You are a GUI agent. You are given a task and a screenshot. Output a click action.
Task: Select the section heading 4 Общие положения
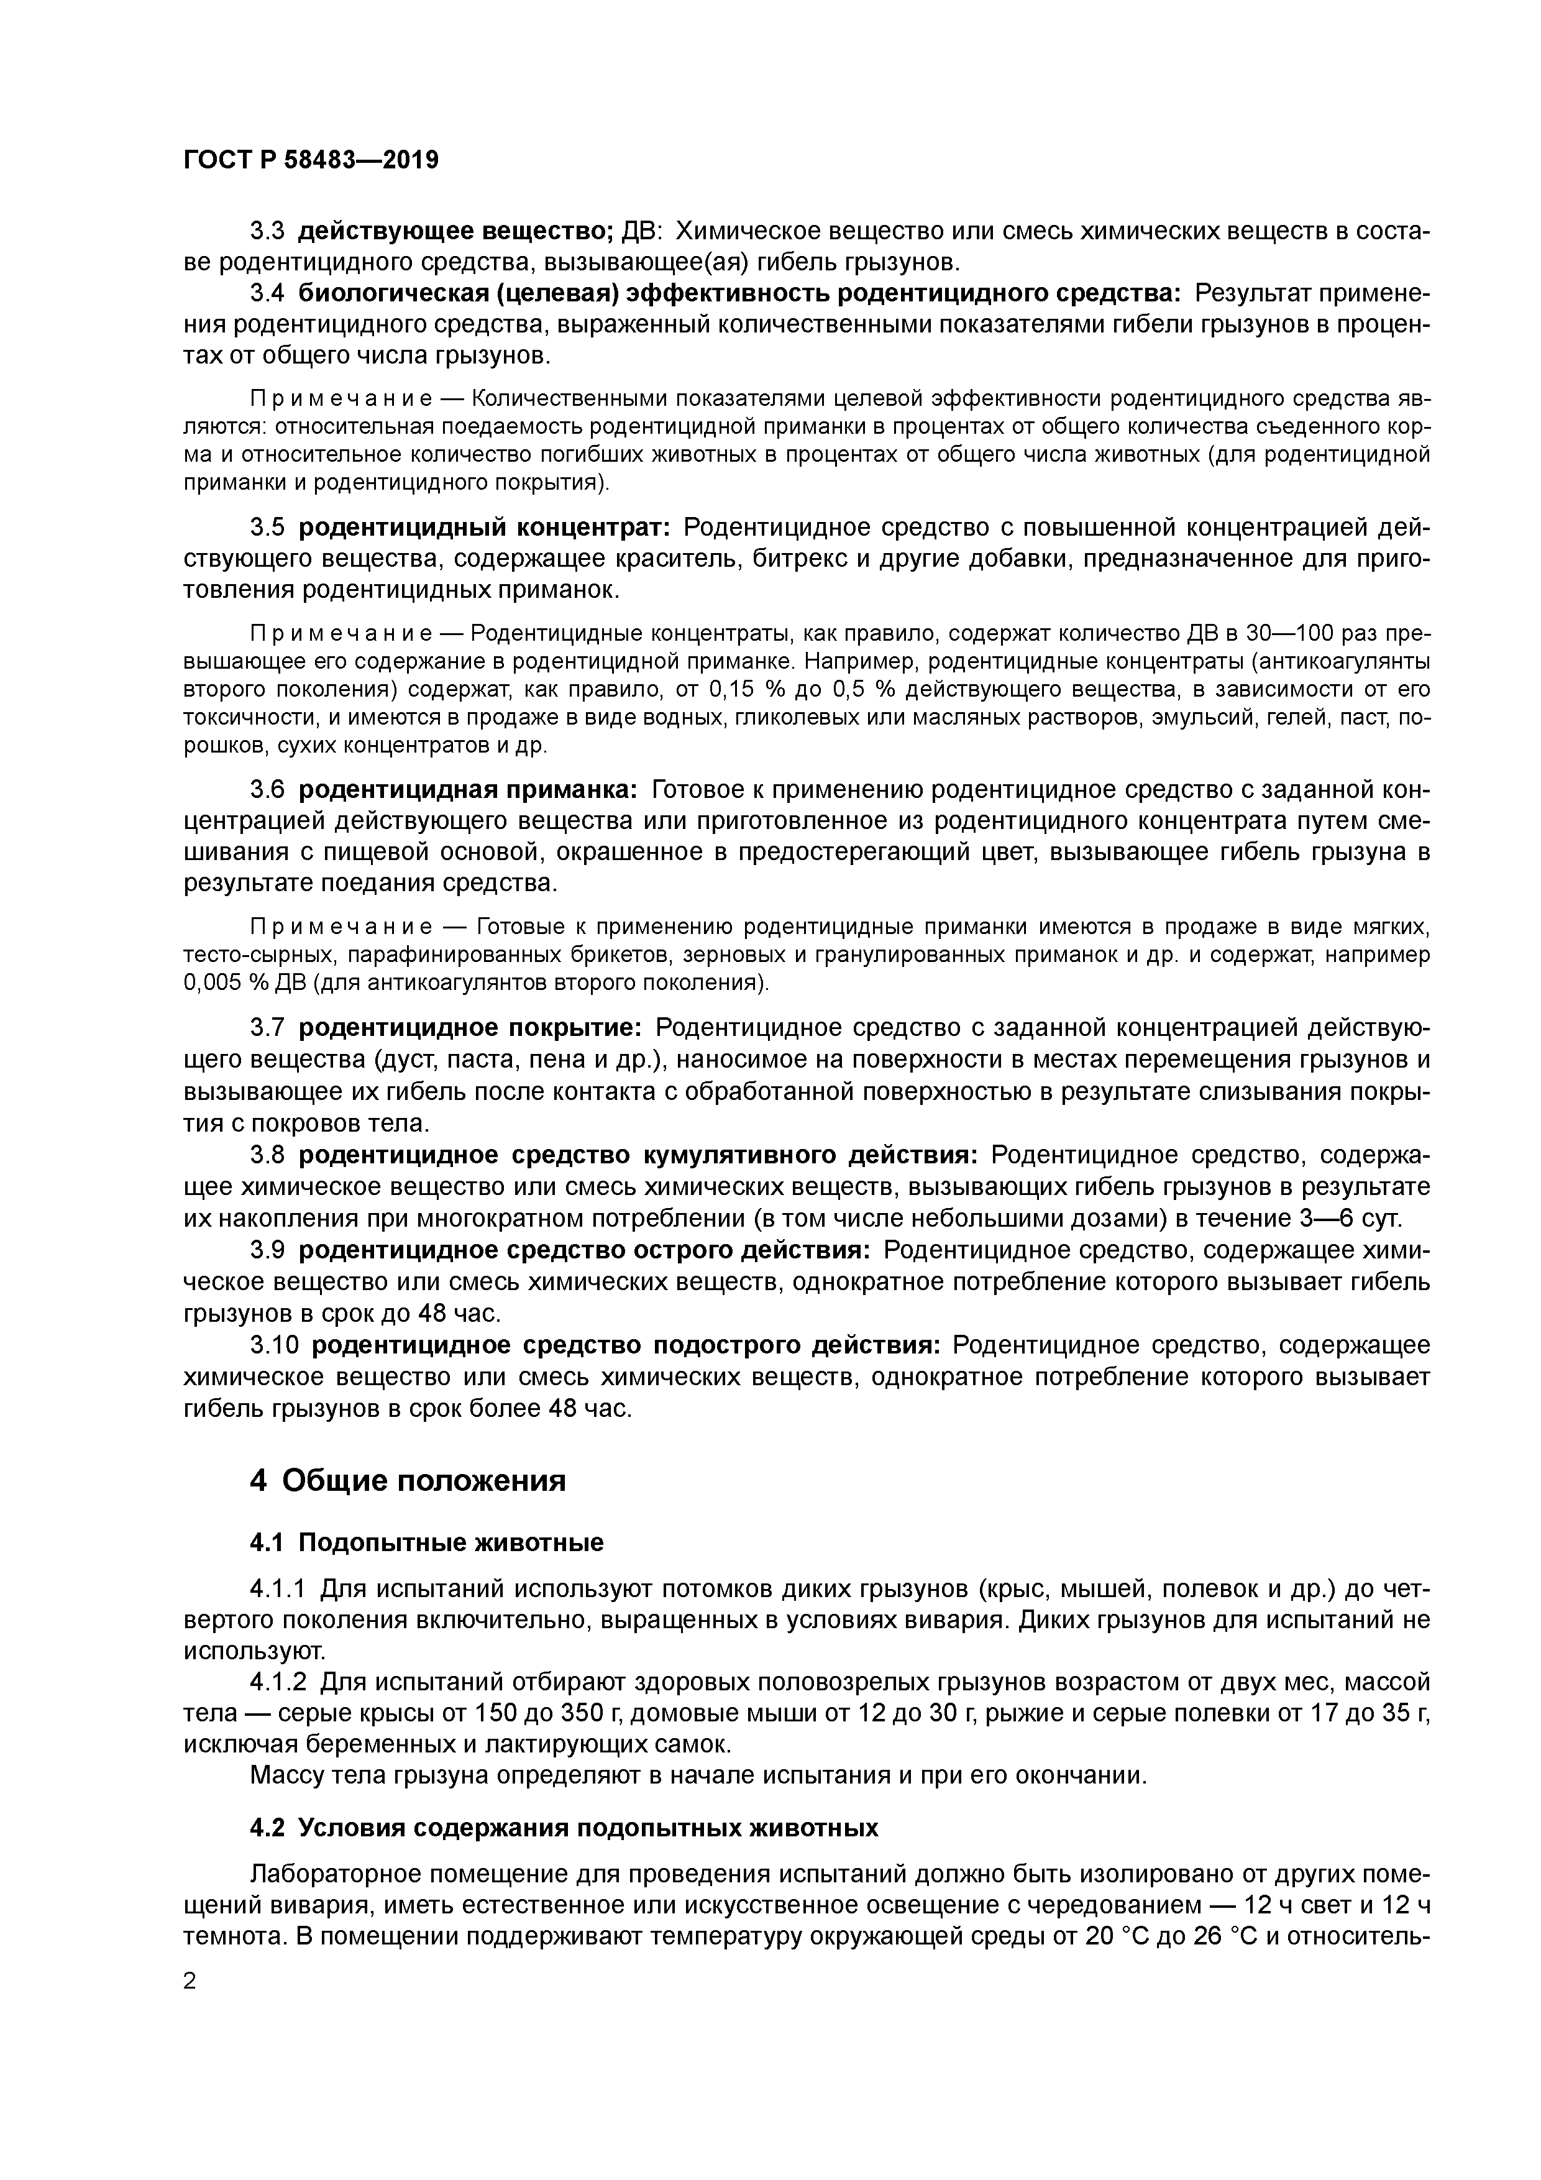click(408, 1479)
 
